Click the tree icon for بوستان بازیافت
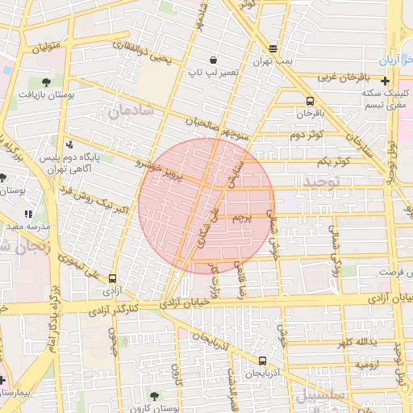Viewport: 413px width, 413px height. pyautogui.click(x=45, y=81)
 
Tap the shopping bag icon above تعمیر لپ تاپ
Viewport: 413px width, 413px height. pyautogui.click(x=213, y=60)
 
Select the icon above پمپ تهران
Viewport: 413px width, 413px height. pyautogui.click(x=273, y=48)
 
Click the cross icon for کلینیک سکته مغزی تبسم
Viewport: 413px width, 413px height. pyautogui.click(x=385, y=81)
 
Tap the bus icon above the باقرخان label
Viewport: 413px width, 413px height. pyautogui.click(x=310, y=102)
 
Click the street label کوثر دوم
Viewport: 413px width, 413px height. pyautogui.click(x=306, y=133)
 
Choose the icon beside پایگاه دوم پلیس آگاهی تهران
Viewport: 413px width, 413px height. pyautogui.click(x=69, y=146)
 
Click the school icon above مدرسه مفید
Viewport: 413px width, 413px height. pyautogui.click(x=28, y=215)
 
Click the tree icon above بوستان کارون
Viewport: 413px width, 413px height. pyautogui.click(x=154, y=395)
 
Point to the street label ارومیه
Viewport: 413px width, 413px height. pyautogui.click(x=368, y=365)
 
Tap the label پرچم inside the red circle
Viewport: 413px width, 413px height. pyautogui.click(x=241, y=217)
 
